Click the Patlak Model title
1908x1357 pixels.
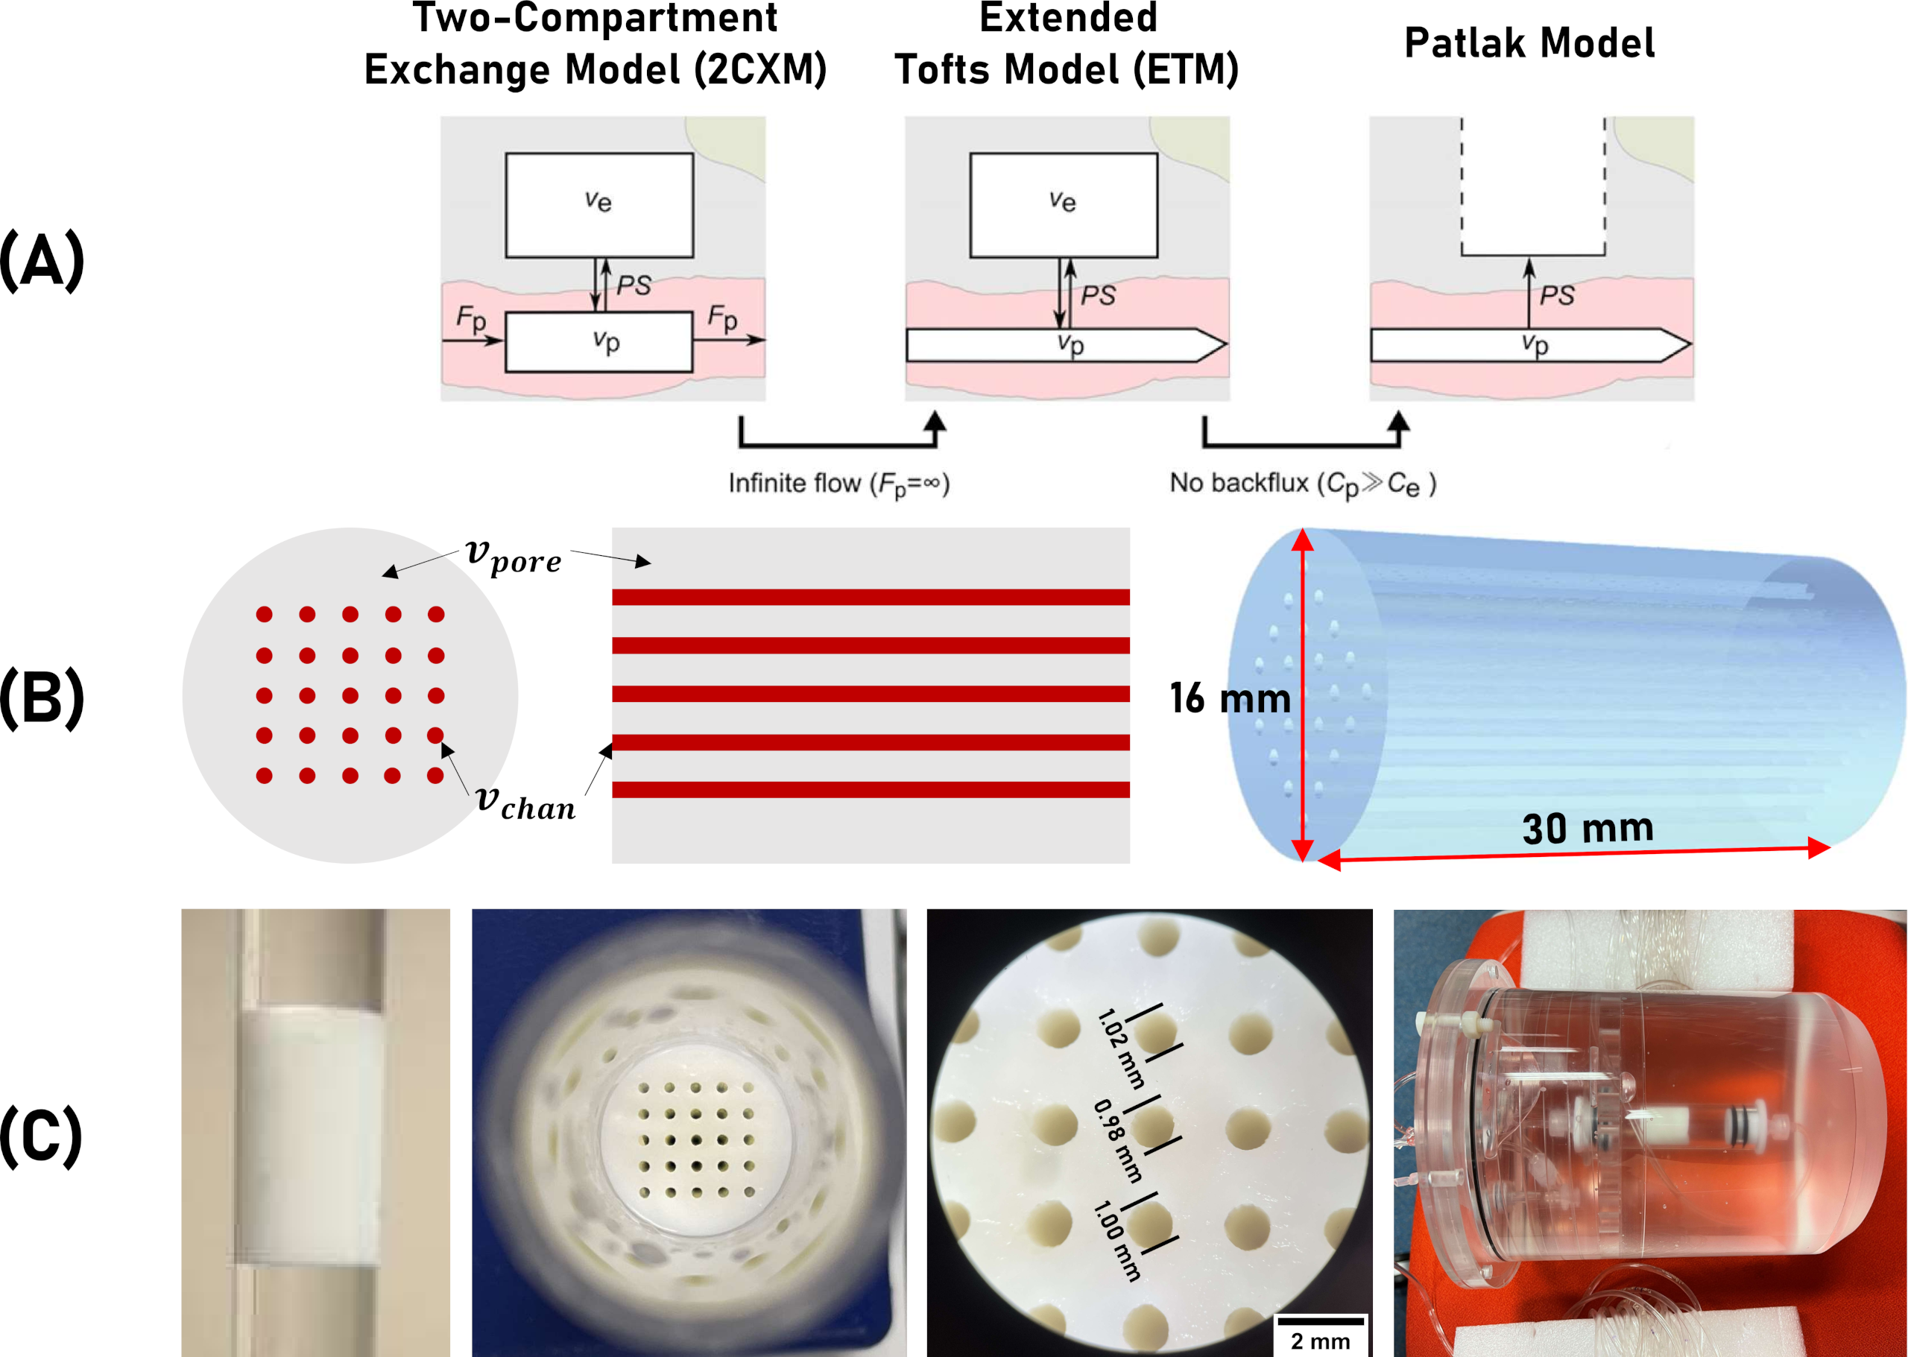1529,43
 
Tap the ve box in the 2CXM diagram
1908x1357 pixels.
598,205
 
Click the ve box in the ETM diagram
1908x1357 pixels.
1063,205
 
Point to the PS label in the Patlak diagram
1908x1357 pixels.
1556,295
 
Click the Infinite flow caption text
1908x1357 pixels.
838,484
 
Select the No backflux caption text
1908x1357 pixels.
1302,484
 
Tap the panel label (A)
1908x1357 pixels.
42,261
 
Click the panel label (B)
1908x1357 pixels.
42,698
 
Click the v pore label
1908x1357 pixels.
513,556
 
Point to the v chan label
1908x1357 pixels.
525,803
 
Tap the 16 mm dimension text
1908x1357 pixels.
1229,698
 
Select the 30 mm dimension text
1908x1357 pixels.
1587,828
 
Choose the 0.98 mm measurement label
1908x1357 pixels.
1116,1141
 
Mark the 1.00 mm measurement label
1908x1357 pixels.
1116,1241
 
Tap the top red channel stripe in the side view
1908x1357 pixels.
870,597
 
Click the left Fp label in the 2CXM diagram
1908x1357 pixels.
470,318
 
